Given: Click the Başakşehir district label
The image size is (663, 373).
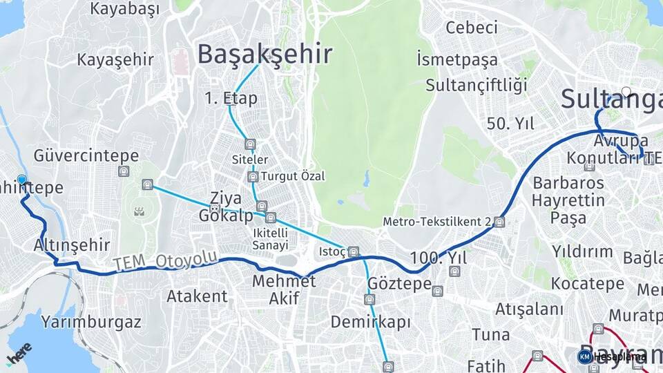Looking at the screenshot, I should (265, 54).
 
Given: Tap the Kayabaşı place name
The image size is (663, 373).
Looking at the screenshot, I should (124, 9).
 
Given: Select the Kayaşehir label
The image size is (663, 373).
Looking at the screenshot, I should (115, 59).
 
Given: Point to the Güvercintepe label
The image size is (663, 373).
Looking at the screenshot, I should (86, 155).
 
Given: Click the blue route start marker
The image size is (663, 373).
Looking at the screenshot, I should (22, 180).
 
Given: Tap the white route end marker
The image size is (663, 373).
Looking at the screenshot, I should (626, 91).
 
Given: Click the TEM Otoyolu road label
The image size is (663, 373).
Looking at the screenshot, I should (166, 261).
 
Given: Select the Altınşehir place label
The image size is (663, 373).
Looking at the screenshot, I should (72, 245).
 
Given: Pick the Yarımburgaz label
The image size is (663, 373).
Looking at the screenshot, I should (91, 321).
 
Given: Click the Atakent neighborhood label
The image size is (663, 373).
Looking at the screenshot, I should (197, 296).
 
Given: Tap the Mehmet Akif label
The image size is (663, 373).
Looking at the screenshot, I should (284, 289).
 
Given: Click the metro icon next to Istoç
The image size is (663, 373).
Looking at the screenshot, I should (354, 251).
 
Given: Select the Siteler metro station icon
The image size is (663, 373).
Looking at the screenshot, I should (250, 144).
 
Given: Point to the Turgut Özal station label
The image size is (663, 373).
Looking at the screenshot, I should (292, 176).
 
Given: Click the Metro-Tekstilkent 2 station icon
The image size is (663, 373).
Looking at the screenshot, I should (499, 222).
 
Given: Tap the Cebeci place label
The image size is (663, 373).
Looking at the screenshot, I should (472, 28).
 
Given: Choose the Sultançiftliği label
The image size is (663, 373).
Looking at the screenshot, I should (476, 86).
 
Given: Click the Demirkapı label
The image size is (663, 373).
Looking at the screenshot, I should (370, 322).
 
